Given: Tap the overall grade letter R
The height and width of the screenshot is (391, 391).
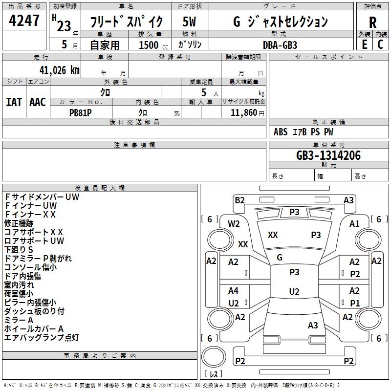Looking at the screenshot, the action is (372, 22).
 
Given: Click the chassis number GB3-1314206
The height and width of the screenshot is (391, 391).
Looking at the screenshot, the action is (328, 156).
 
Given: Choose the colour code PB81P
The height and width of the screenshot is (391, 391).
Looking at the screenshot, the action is (81, 112).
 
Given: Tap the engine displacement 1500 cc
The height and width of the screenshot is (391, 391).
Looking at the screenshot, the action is (149, 45).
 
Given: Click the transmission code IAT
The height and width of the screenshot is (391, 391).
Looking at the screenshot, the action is (14, 102).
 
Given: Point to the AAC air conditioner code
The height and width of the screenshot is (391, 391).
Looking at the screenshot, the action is (38, 102).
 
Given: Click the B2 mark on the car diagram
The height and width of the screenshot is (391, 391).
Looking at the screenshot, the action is (239, 200).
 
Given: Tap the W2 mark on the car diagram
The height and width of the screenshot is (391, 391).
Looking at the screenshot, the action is (234, 224).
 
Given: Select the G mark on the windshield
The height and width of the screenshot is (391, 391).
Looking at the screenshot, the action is (279, 258).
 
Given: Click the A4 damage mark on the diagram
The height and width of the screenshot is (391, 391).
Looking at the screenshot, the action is (234, 291).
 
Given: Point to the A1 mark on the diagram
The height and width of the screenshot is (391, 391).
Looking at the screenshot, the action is (354, 223).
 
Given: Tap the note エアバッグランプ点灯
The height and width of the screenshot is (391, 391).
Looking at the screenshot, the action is (42, 338).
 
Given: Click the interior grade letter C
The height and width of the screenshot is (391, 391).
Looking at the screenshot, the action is (381, 44).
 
